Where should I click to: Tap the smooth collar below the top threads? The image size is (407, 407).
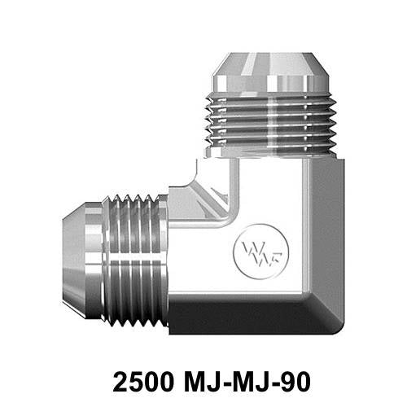pos(269,147)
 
